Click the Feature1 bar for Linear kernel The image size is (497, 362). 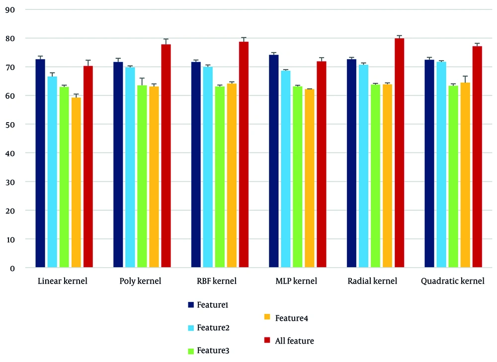click(40, 164)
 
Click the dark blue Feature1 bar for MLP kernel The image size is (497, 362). click(274, 161)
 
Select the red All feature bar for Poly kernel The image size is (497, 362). click(166, 156)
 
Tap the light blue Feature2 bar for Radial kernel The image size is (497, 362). click(363, 166)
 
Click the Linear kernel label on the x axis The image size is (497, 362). click(63, 281)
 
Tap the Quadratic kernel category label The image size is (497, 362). click(452, 281)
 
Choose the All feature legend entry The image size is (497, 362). click(288, 341)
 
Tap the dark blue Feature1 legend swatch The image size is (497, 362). click(191, 304)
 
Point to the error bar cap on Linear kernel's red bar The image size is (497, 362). click(88, 61)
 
